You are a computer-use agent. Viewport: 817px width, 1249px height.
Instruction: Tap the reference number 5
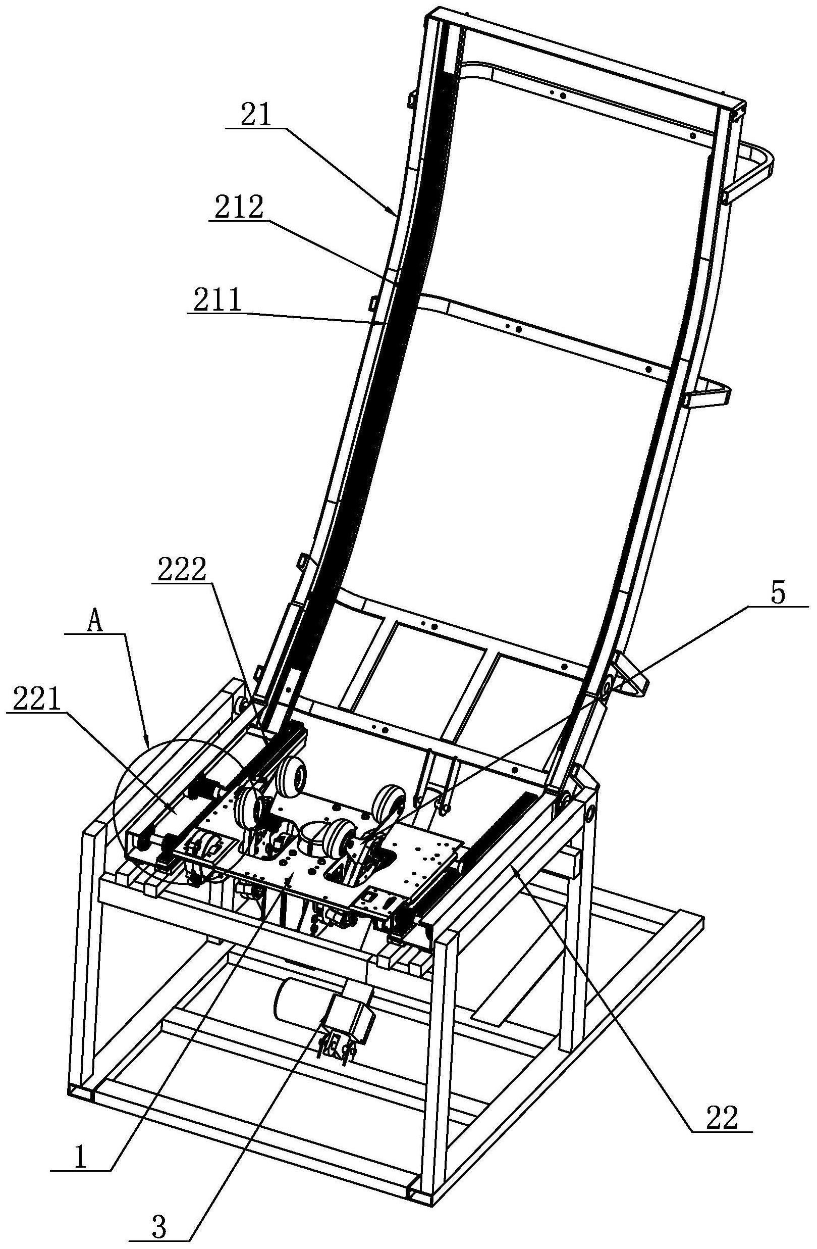(x=778, y=593)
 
